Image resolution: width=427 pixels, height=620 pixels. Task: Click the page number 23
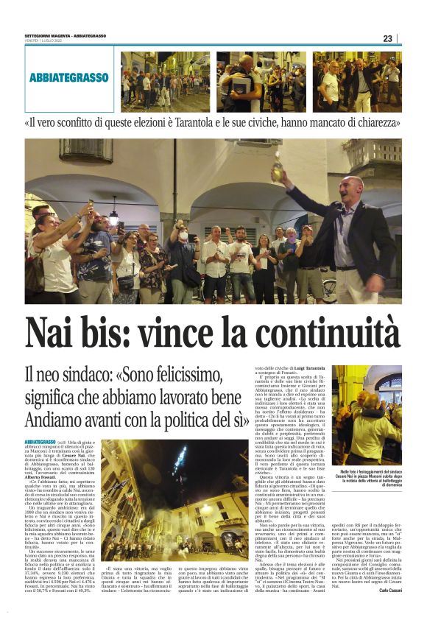[387, 38]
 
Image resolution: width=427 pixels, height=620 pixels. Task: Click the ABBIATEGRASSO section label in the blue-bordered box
[70, 77]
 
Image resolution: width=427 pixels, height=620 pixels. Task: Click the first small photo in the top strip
[165, 81]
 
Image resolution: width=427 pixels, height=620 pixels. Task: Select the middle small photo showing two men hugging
[261, 81]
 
